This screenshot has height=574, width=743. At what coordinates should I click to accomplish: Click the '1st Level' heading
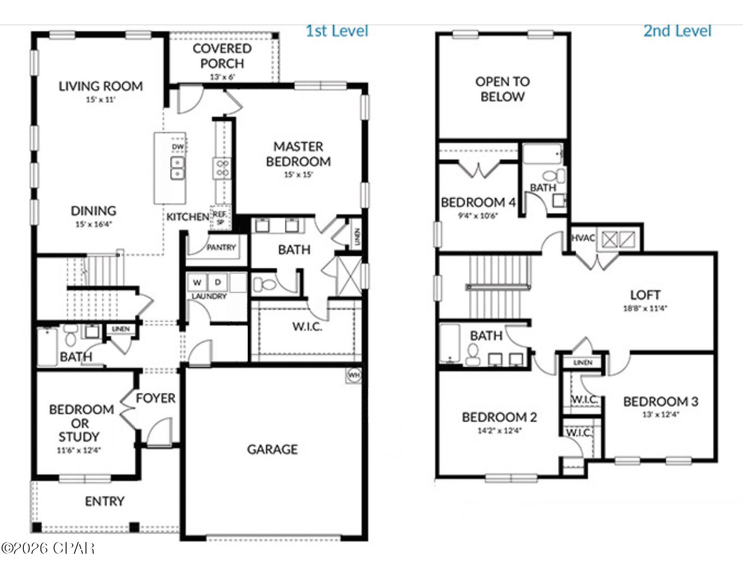(x=337, y=31)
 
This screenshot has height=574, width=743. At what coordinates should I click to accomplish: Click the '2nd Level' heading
(x=677, y=31)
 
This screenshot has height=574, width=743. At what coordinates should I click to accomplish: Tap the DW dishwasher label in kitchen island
(x=178, y=147)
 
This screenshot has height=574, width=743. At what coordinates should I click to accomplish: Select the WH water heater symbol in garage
(x=354, y=375)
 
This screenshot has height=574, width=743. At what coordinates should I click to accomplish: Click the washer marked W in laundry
(x=197, y=283)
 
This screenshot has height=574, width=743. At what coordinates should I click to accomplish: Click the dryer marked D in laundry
(x=218, y=282)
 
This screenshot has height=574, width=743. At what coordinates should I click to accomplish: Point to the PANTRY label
(x=221, y=247)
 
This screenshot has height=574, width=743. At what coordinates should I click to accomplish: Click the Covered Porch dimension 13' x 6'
(x=222, y=77)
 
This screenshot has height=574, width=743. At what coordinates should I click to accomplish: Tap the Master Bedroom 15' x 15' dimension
(x=298, y=175)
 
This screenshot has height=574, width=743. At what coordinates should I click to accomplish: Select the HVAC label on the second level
(x=583, y=238)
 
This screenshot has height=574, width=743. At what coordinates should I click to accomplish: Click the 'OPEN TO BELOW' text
(x=503, y=89)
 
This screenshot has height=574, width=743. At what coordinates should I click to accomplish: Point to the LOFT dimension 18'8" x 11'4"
(x=645, y=308)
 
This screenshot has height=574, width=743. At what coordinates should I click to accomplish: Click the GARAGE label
(x=272, y=449)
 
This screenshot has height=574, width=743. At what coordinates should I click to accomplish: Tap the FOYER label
(x=155, y=398)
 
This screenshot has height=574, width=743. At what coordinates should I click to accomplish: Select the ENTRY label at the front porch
(x=104, y=501)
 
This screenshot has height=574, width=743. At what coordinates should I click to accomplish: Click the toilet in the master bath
(x=265, y=285)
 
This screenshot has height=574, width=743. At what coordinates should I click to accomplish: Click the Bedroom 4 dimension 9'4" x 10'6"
(x=478, y=216)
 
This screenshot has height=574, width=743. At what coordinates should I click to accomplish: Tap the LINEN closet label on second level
(x=583, y=362)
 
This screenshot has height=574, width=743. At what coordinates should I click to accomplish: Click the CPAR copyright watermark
(x=48, y=548)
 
